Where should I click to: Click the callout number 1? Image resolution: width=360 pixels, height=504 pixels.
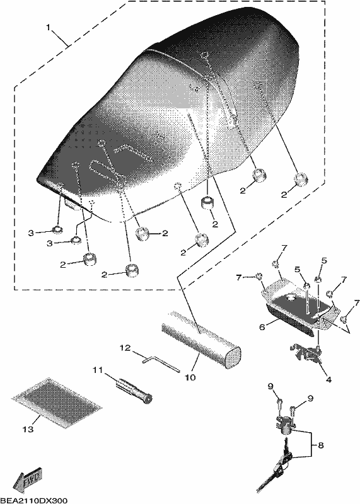click(x=49, y=27)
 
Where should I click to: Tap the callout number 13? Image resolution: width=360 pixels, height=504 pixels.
click(x=28, y=429)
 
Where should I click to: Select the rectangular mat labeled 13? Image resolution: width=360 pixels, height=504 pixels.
click(x=57, y=403)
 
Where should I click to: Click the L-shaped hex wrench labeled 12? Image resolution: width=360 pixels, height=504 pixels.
click(x=160, y=364)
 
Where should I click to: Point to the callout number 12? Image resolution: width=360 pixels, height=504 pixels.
click(x=126, y=348)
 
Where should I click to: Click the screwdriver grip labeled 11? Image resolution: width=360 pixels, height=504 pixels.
click(x=133, y=390)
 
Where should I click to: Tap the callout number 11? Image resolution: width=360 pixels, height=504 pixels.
click(x=98, y=370)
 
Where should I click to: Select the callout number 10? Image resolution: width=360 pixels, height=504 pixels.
click(x=190, y=377)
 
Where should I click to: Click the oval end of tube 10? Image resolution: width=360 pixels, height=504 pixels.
click(x=233, y=357)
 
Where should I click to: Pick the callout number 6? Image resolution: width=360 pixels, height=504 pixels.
click(x=262, y=327)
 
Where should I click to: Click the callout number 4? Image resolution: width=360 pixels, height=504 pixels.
click(x=328, y=380)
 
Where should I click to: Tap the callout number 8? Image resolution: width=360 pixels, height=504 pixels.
click(x=320, y=445)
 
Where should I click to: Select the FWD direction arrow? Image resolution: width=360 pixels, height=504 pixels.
click(x=28, y=479)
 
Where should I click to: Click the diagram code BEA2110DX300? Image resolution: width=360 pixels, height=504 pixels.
click(x=34, y=500)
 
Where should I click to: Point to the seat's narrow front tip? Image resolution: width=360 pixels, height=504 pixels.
click(x=41, y=180)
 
